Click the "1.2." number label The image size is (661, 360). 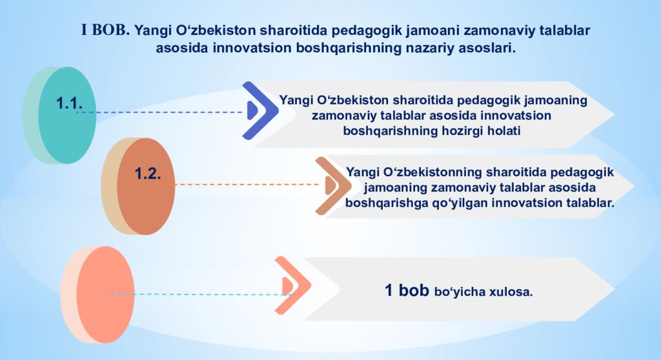click(x=147, y=174)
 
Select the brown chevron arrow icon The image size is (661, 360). click(x=332, y=186)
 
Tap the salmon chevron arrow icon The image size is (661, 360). click(x=292, y=285)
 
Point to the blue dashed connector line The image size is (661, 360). click(x=161, y=112)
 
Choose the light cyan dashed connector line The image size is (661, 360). click(x=194, y=294)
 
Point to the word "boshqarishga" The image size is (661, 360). click(x=381, y=202)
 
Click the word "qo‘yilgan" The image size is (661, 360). click(x=445, y=202)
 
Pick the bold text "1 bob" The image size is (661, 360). click(x=407, y=290)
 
